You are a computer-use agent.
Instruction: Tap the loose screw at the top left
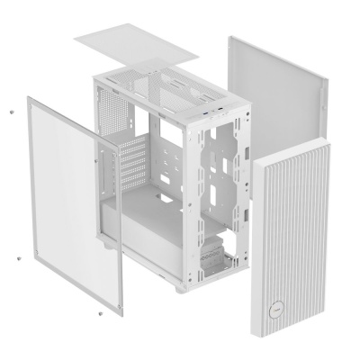point(10,111)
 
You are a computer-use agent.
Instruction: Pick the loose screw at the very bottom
point(99,313)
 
